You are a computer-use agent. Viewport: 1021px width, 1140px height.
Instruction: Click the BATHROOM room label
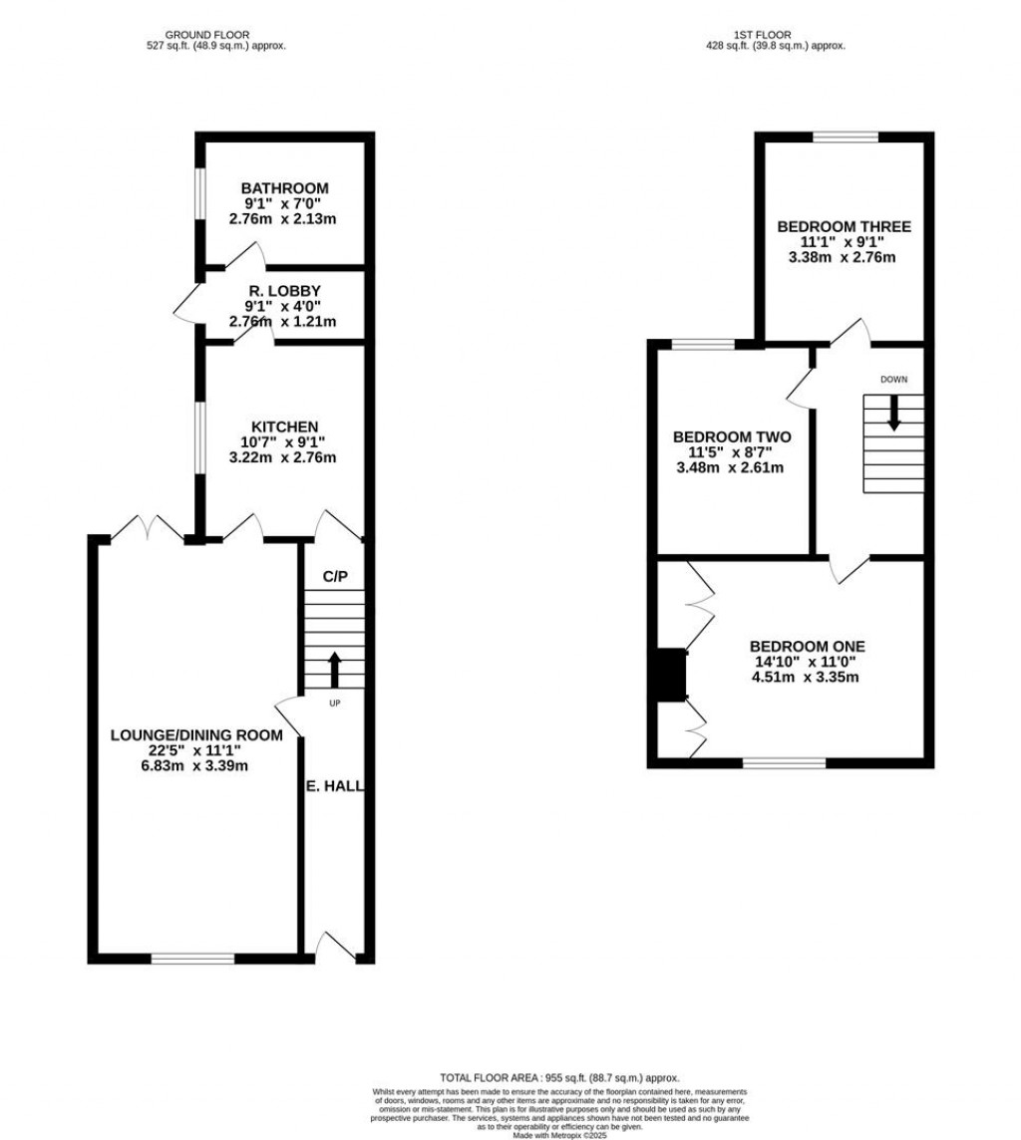point(284,188)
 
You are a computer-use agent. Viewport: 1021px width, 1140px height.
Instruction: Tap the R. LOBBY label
point(284,290)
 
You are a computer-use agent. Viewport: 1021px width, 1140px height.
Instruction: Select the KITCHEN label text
point(284,427)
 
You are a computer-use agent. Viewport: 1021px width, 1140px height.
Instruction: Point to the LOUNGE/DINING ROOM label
point(195,735)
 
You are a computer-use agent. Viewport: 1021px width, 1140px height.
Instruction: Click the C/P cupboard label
point(335,577)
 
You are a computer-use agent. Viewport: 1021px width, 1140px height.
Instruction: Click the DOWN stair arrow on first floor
point(893,413)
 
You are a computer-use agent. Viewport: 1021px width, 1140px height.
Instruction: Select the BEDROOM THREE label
point(844,226)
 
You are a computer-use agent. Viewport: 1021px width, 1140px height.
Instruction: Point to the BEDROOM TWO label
point(732,436)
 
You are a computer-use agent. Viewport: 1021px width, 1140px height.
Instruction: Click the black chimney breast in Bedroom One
point(673,675)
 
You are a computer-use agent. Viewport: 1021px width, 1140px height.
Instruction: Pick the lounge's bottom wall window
point(193,959)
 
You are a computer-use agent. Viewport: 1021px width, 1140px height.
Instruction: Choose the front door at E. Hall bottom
point(334,947)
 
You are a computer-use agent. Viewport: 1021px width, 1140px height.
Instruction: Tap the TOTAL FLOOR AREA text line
point(559,1078)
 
